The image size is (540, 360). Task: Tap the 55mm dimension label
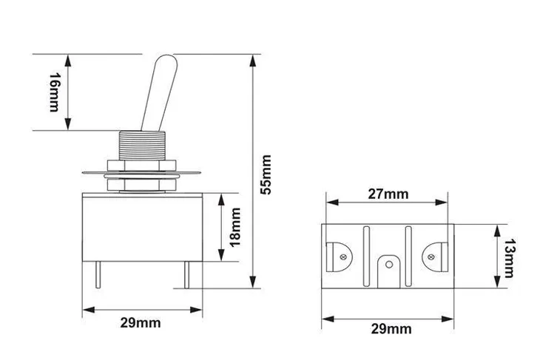click(x=268, y=174)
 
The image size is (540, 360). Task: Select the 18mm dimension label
click(x=236, y=227)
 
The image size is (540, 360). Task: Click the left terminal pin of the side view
click(x=99, y=276)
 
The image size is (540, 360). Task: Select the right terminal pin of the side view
click(x=186, y=276)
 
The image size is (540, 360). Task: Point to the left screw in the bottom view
click(x=343, y=257)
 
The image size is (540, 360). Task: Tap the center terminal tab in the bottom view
click(x=388, y=271)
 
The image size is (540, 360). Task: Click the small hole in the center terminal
click(x=388, y=263)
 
